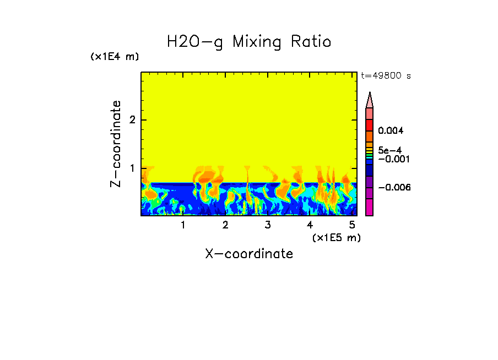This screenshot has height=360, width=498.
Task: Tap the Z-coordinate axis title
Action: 116,144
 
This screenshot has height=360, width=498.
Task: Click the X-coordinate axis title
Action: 249,254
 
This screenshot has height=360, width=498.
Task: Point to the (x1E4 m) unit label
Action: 115,57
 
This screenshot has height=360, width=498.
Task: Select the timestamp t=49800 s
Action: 386,76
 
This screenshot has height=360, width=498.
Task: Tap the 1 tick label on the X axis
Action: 183,225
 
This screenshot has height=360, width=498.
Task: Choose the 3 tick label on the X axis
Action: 268,225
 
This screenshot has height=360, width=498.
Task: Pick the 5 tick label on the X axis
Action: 352,225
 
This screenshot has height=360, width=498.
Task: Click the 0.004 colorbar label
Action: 391,131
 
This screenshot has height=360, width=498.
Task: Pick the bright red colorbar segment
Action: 370,124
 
